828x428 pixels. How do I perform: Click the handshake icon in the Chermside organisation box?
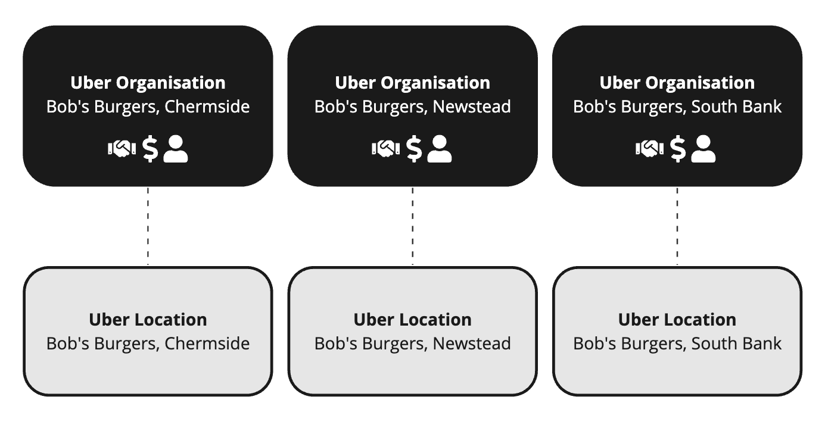click(x=122, y=149)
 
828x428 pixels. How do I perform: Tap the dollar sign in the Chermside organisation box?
click(x=151, y=149)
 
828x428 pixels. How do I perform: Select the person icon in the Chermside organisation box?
click(x=176, y=149)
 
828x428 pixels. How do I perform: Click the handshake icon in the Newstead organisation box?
click(x=386, y=149)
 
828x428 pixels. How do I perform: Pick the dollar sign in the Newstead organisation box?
click(x=415, y=149)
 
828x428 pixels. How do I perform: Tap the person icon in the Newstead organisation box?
click(x=440, y=149)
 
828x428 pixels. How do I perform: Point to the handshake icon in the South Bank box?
click(x=650, y=149)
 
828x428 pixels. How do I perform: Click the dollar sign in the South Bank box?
click(x=678, y=149)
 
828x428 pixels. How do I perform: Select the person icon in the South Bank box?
click(x=704, y=149)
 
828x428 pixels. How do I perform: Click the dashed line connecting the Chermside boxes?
click(x=148, y=226)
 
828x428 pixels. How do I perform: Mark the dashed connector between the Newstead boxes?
click(x=412, y=226)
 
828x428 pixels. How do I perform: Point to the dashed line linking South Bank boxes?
click(x=677, y=226)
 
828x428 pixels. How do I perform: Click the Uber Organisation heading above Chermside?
click(x=148, y=83)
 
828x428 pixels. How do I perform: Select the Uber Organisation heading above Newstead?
click(x=412, y=83)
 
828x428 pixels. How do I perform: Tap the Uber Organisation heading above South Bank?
click(x=677, y=83)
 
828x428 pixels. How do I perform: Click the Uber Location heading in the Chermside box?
click(x=148, y=320)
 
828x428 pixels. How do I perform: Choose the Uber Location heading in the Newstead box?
click(x=412, y=320)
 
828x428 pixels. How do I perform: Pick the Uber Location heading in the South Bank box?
click(x=677, y=320)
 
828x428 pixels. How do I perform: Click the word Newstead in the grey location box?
click(x=471, y=344)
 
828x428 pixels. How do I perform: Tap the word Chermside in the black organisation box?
click(x=207, y=107)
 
